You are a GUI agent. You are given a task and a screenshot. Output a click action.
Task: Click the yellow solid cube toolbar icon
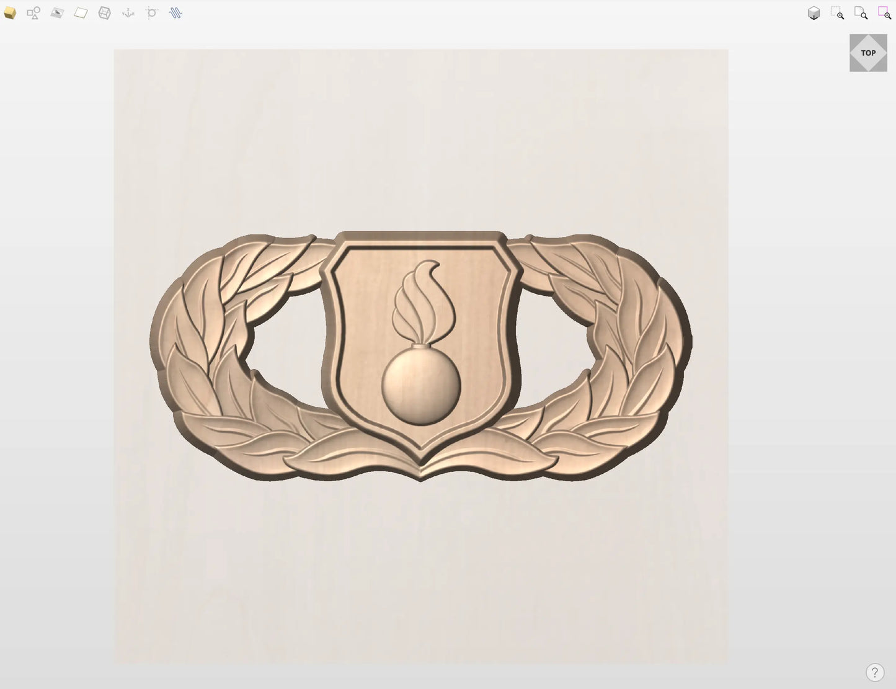(x=10, y=13)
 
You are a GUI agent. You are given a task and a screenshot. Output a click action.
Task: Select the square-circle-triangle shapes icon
(x=33, y=13)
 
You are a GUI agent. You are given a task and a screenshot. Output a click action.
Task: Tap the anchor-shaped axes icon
(x=128, y=13)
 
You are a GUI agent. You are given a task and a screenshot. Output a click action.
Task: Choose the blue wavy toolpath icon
(x=175, y=13)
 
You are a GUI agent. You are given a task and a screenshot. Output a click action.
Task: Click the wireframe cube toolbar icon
(x=104, y=13)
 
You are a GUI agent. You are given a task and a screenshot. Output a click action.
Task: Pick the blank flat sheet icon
(x=81, y=13)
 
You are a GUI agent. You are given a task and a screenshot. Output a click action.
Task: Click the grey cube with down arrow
(x=814, y=13)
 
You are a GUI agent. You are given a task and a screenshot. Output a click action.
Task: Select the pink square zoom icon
(x=884, y=12)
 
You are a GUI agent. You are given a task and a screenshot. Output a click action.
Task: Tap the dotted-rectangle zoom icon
(x=837, y=13)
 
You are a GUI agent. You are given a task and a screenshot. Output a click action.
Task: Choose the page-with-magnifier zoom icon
(x=861, y=13)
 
